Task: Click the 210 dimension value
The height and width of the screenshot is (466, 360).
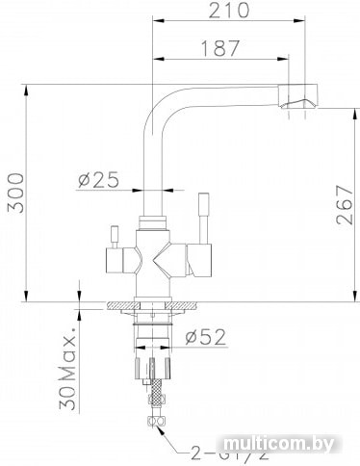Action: (x=229, y=11)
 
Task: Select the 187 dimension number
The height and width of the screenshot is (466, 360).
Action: (x=220, y=48)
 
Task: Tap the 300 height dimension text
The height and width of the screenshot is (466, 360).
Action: (x=15, y=193)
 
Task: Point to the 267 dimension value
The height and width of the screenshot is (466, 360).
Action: (x=345, y=205)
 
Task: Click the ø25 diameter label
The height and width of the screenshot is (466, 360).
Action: (x=98, y=179)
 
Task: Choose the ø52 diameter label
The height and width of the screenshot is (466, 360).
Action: (x=206, y=337)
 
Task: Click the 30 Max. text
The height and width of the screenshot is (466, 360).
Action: (x=68, y=369)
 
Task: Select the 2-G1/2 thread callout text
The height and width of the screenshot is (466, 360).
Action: (x=229, y=455)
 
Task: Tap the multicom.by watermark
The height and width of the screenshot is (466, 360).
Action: (x=278, y=444)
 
